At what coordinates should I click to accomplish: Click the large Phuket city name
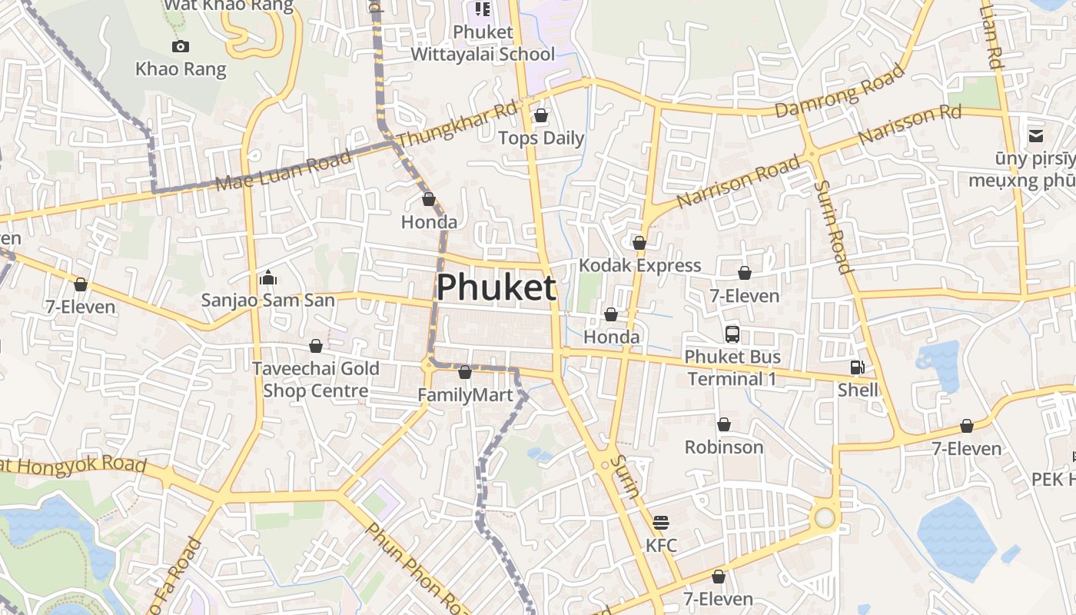[x=496, y=288]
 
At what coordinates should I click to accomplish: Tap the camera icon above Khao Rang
[x=181, y=47]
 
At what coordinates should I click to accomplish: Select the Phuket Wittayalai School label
[x=483, y=43]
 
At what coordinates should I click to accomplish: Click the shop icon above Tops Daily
[x=541, y=116]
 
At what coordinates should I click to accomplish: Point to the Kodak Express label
[x=639, y=265]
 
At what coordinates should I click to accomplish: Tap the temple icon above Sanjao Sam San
[x=268, y=278]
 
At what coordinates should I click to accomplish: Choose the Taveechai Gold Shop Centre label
[x=316, y=379]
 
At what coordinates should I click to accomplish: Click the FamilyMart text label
[x=464, y=395]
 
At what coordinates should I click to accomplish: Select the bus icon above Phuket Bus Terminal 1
[x=732, y=334]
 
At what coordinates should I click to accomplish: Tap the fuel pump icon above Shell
[x=857, y=368]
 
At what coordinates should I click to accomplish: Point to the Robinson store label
[x=724, y=447]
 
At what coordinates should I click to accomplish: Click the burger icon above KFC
[x=661, y=523]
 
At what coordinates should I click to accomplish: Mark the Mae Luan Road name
[x=284, y=171]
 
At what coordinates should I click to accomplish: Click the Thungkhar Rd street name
[x=458, y=125]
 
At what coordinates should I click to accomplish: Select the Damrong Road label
[x=839, y=91]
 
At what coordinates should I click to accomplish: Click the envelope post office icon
[x=1036, y=136]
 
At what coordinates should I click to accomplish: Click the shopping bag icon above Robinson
[x=724, y=424]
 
